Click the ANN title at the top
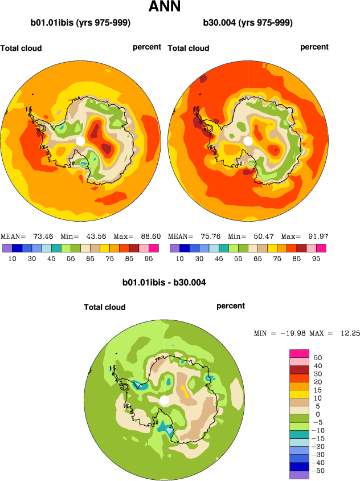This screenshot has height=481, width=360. (x=165, y=7)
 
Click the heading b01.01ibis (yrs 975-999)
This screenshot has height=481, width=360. (x=80, y=23)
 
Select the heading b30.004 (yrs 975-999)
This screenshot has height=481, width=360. (x=248, y=23)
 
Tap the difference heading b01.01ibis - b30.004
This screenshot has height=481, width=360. (x=164, y=282)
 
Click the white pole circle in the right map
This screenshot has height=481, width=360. (x=248, y=141)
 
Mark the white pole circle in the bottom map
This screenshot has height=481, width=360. (x=165, y=400)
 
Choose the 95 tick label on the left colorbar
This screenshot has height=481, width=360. (x=147, y=258)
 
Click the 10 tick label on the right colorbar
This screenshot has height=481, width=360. (x=179, y=258)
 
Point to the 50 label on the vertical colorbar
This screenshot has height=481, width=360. (x=318, y=357)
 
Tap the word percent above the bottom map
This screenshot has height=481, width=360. (x=231, y=306)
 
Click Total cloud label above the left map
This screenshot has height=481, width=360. (x=21, y=48)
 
